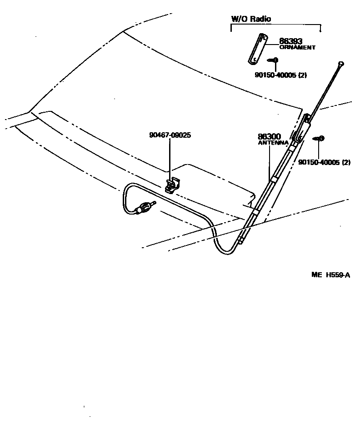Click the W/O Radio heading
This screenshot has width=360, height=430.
(x=251, y=19)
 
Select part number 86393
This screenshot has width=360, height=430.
(x=290, y=41)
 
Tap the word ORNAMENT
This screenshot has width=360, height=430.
(x=297, y=47)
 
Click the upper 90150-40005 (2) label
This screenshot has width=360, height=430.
(x=280, y=75)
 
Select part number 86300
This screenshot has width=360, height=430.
(x=269, y=136)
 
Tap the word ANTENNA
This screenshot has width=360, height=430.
(x=273, y=143)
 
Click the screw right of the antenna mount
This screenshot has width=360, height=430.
(x=319, y=138)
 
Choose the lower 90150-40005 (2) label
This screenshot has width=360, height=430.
(x=324, y=162)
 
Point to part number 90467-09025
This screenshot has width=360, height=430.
(x=170, y=135)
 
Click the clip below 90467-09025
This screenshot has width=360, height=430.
(x=173, y=185)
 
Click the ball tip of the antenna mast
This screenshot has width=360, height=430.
(x=340, y=63)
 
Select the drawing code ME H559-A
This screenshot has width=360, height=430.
(x=330, y=275)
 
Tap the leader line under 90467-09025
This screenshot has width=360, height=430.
(x=170, y=159)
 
